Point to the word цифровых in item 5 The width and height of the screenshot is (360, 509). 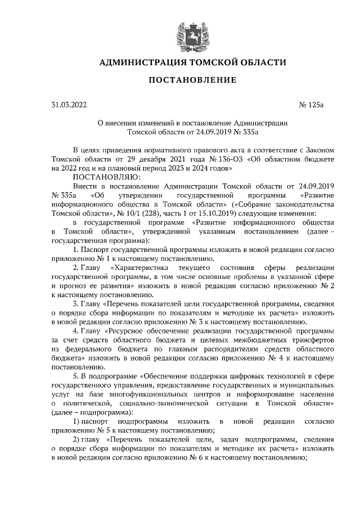pos(236,377)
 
